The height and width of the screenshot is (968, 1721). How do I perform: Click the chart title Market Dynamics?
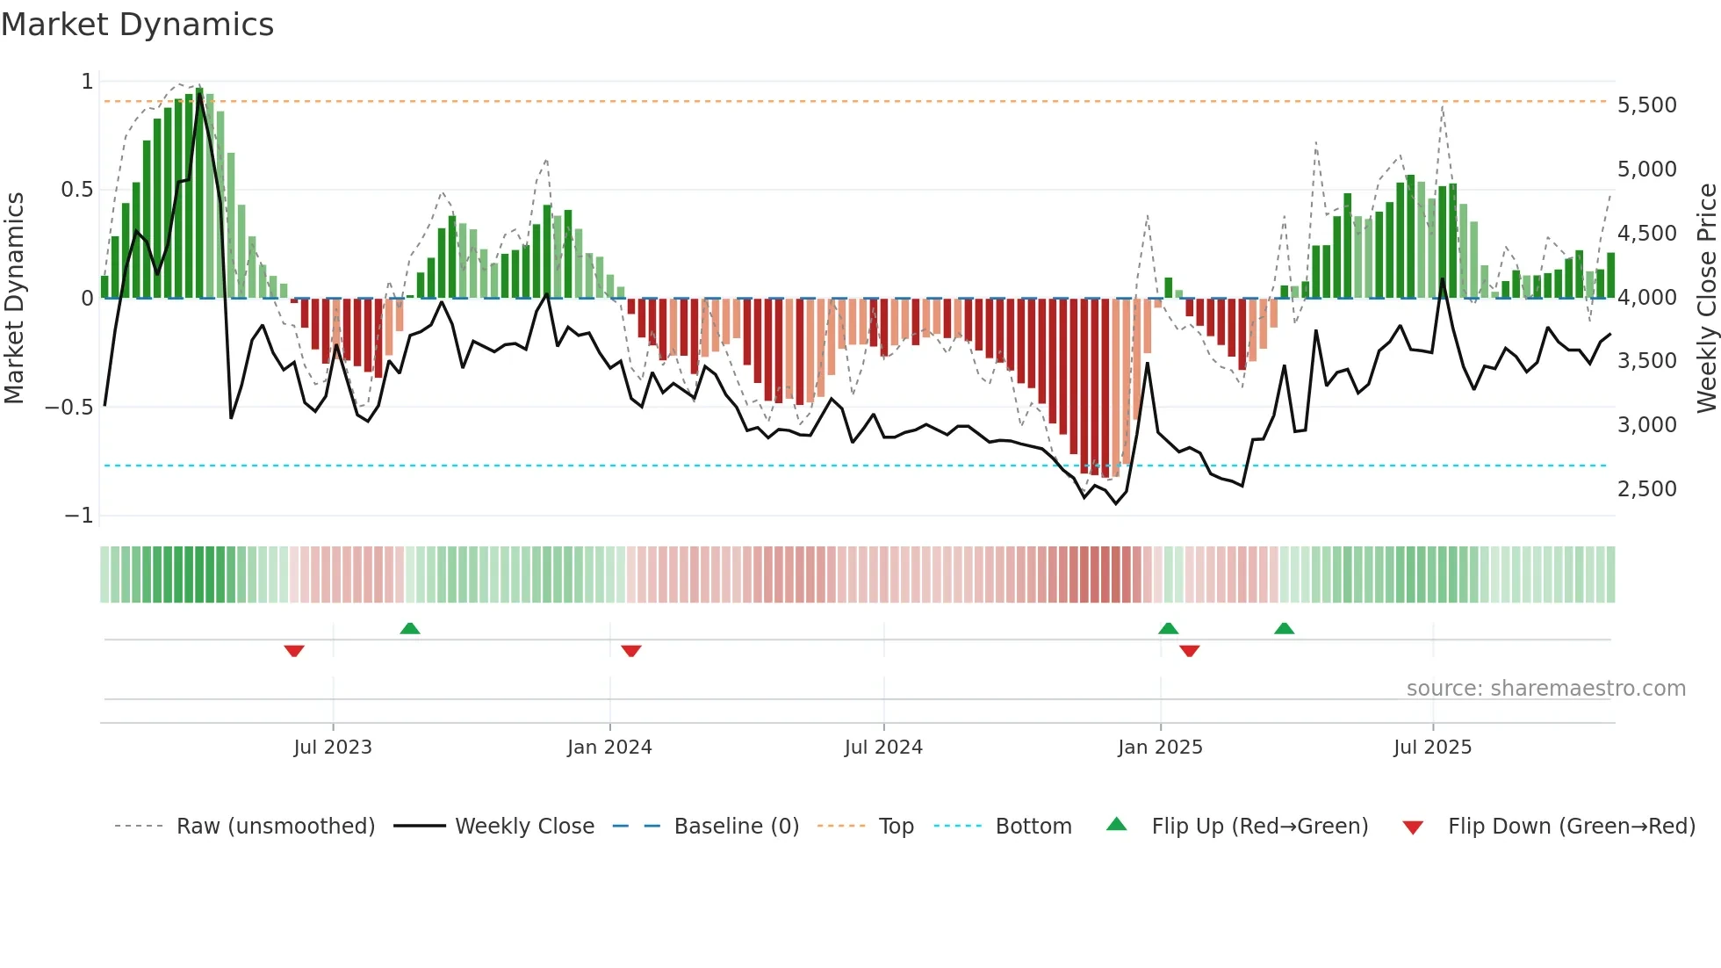(x=137, y=25)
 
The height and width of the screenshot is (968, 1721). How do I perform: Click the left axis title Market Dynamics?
(x=14, y=299)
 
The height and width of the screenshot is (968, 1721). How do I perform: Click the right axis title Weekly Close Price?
(x=1706, y=299)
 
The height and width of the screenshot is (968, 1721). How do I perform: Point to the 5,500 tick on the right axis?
(x=1646, y=105)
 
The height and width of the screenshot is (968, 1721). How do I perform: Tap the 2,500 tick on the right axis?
(x=1646, y=489)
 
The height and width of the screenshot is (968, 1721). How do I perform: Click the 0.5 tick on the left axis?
(x=76, y=190)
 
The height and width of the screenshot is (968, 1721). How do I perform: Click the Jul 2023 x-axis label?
(x=333, y=748)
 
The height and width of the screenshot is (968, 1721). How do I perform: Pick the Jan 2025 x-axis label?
(x=1160, y=748)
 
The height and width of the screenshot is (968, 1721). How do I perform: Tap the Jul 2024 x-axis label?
(x=883, y=748)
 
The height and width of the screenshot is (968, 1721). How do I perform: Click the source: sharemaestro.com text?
(x=1545, y=689)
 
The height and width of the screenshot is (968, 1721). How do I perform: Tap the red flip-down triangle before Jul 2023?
(x=294, y=651)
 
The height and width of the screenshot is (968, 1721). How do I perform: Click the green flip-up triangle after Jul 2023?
(x=410, y=628)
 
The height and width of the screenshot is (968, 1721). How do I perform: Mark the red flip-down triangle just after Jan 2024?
(x=631, y=651)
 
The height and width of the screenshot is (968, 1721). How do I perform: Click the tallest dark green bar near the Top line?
(x=200, y=193)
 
